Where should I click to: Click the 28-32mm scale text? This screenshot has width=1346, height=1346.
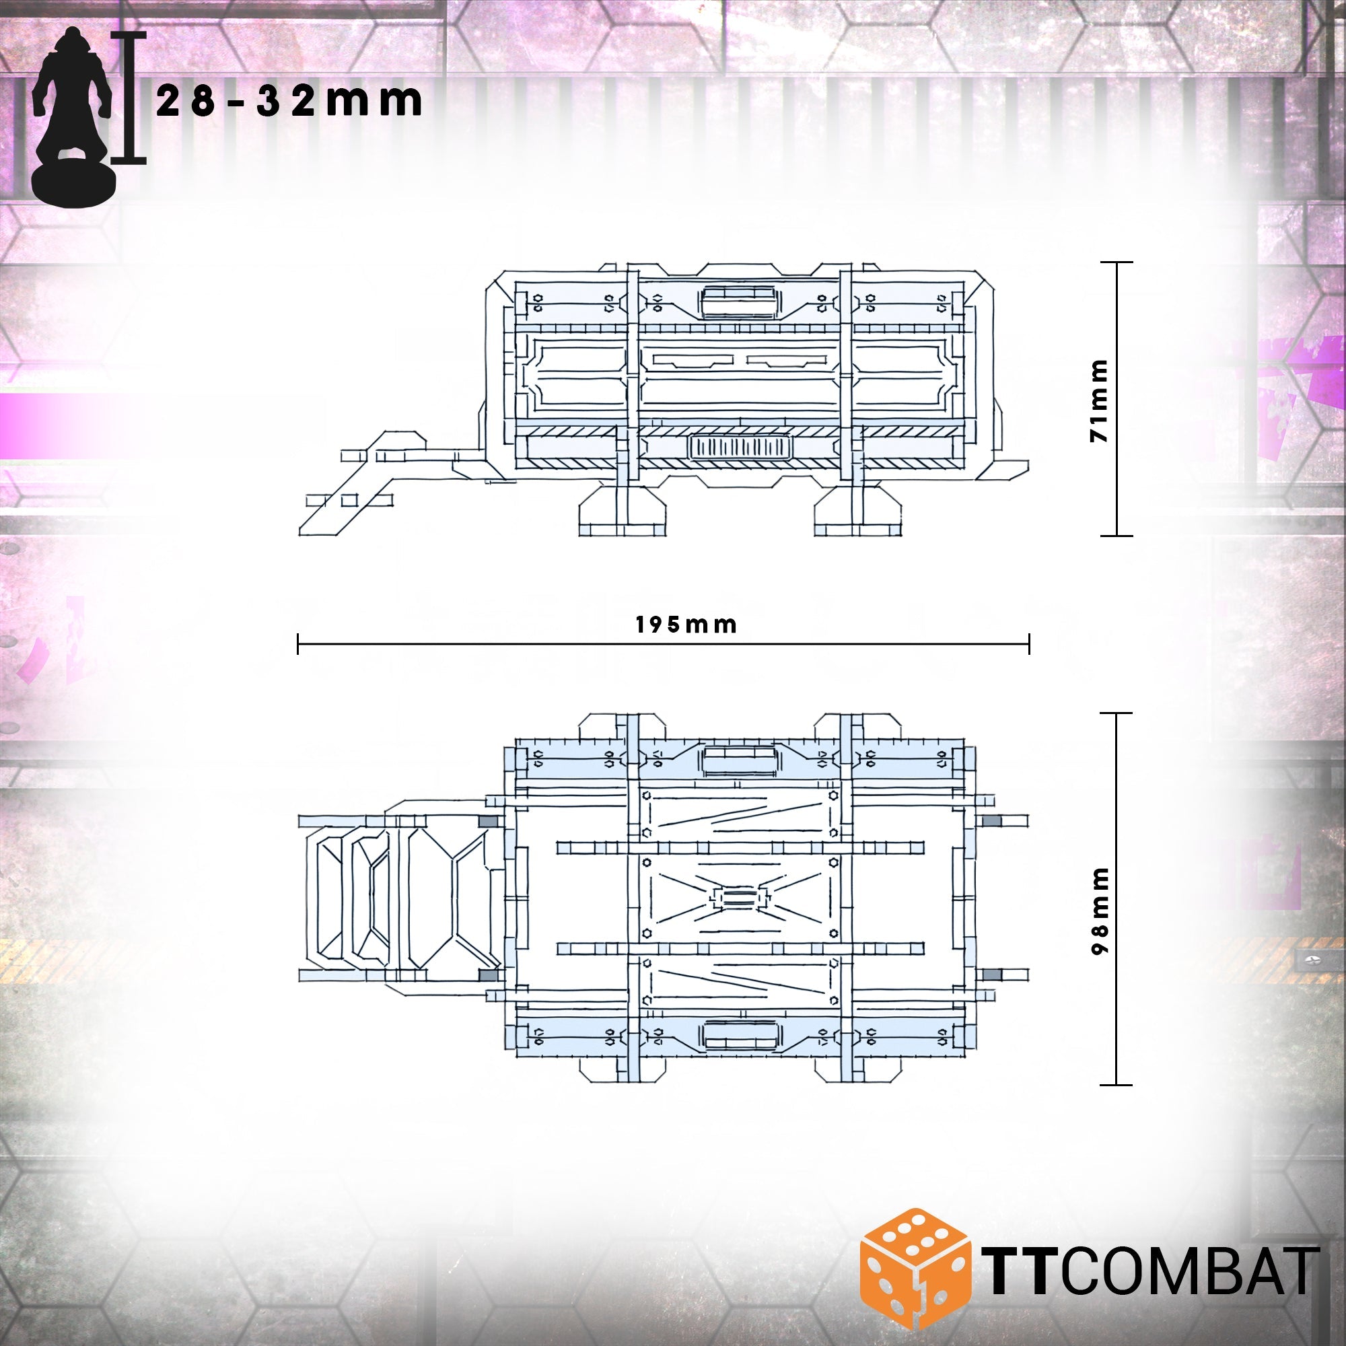pos(289,102)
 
